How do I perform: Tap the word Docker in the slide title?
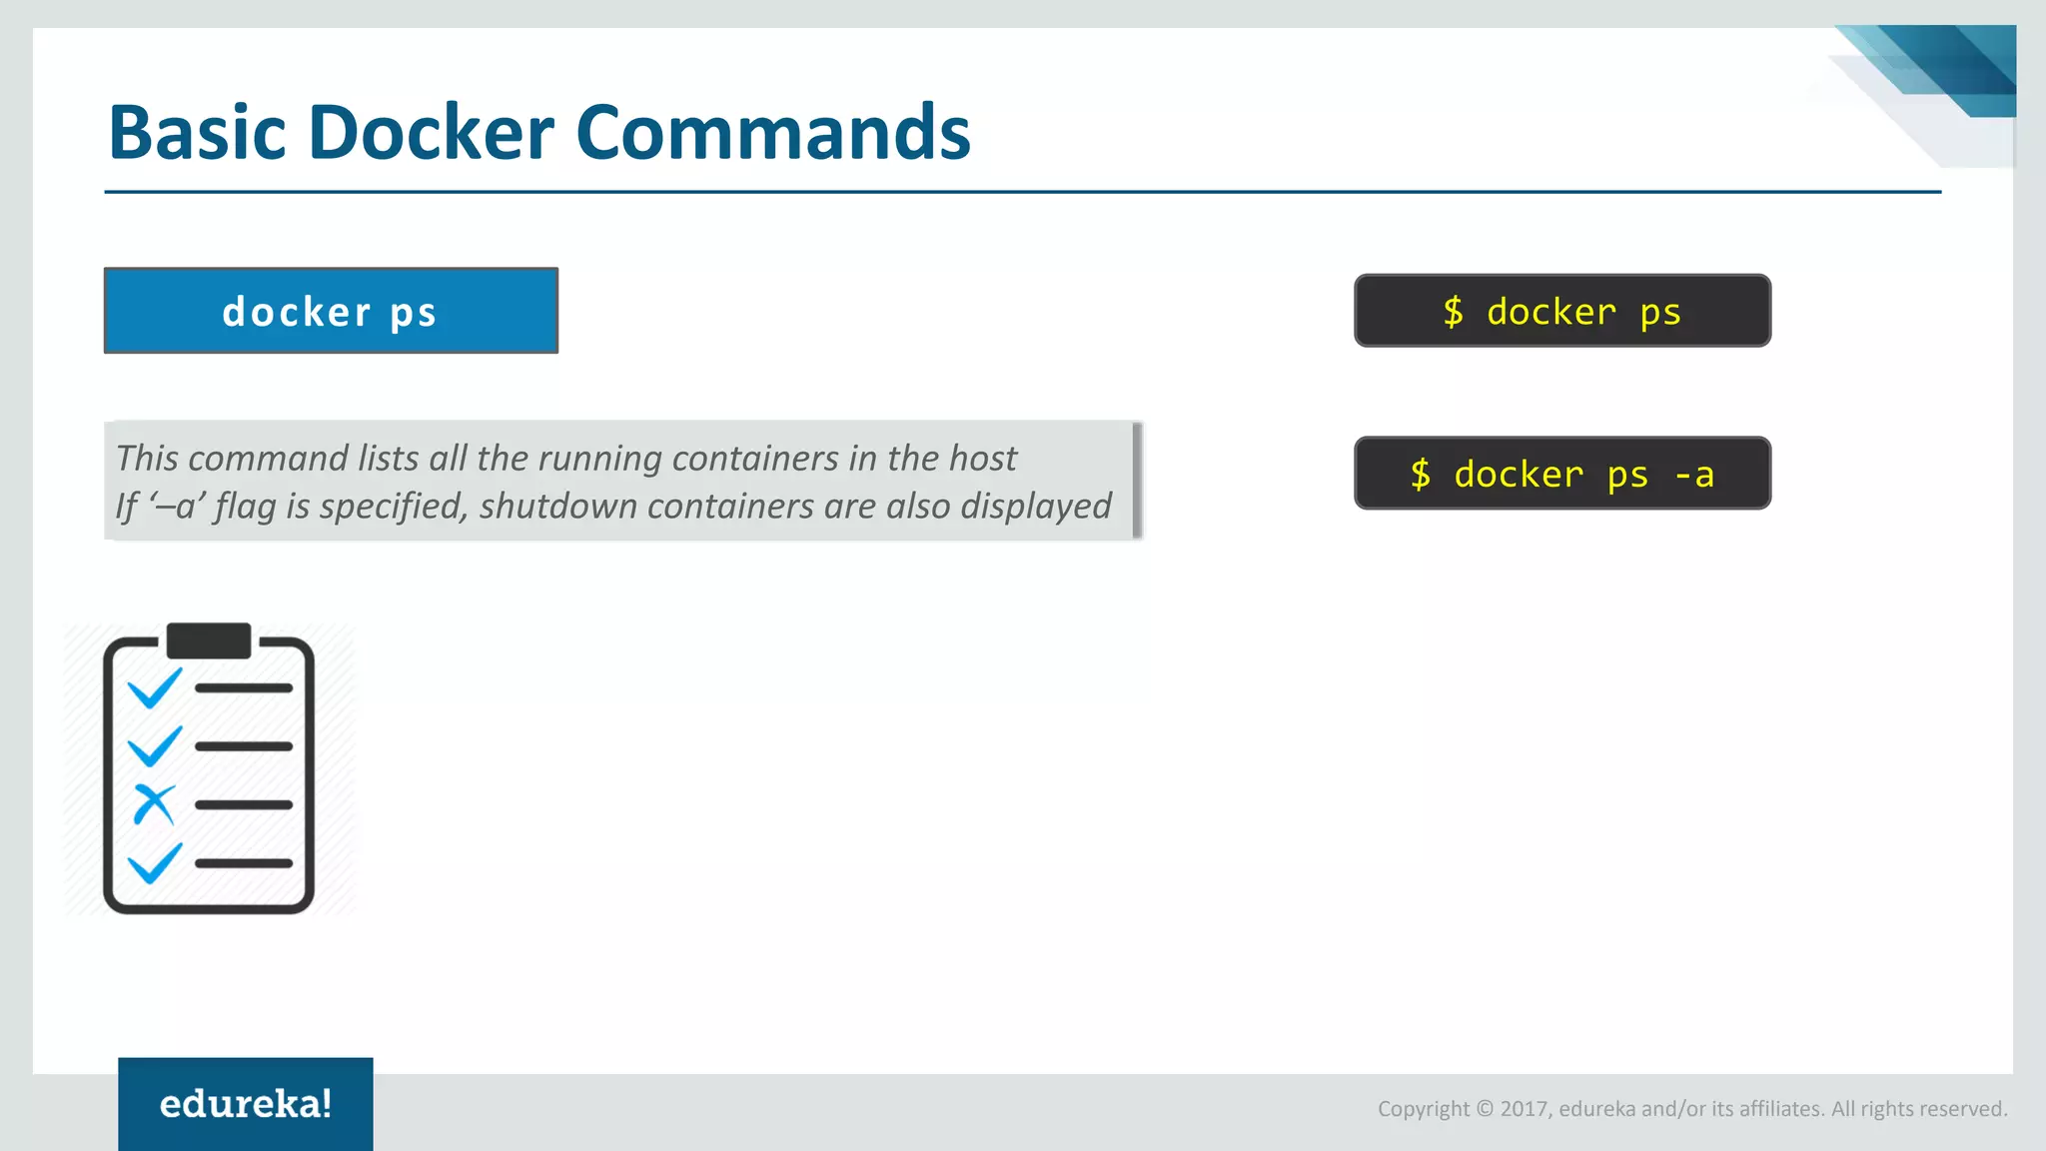[431, 133]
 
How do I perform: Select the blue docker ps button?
[331, 311]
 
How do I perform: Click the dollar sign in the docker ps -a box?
[1420, 474]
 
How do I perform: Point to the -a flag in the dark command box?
[1694, 474]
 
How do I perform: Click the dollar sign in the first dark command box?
[1453, 312]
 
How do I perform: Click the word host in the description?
[982, 459]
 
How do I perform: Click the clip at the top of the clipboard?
[209, 640]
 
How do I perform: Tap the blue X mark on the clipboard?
[154, 804]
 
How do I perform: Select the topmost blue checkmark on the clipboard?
[155, 687]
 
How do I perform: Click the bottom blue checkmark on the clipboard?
[155, 862]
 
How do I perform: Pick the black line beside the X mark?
[244, 804]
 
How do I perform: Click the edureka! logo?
[246, 1104]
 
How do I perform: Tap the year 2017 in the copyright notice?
[1524, 1109]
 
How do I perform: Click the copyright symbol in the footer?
[1484, 1109]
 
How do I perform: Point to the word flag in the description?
[245, 507]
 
